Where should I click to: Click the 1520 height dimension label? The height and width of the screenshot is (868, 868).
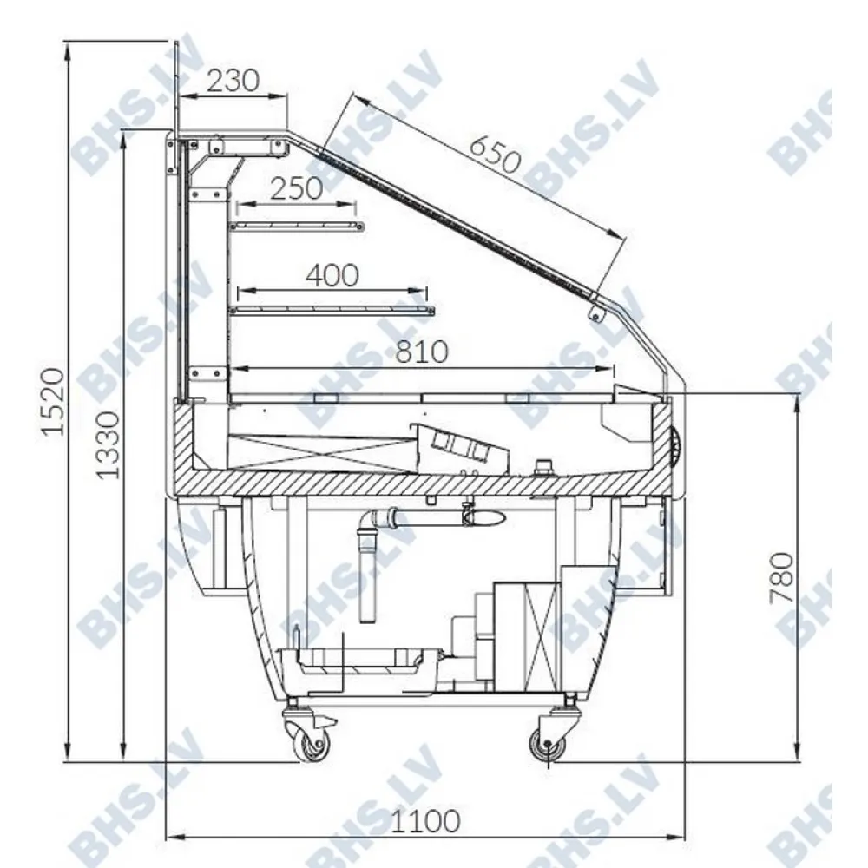tap(54, 401)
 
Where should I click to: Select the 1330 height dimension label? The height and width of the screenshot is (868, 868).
tap(107, 444)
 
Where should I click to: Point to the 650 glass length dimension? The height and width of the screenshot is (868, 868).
tap(495, 154)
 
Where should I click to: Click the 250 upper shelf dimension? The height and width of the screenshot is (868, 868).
tap(296, 188)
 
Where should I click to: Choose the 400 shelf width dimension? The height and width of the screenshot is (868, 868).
tap(332, 275)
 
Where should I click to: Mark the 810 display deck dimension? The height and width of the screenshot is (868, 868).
tap(421, 352)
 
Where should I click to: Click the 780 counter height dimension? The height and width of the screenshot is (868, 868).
tap(782, 577)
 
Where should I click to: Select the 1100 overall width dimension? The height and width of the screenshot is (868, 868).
tap(425, 821)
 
